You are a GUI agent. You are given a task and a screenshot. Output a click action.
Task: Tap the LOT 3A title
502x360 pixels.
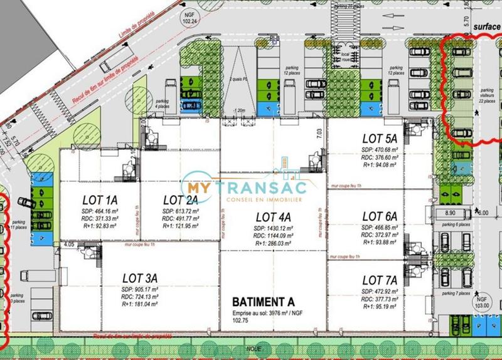tap(139, 277)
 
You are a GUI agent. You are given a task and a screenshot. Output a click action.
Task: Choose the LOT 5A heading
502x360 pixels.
tap(380, 138)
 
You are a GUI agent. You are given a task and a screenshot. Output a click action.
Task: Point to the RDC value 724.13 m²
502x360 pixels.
tap(139, 297)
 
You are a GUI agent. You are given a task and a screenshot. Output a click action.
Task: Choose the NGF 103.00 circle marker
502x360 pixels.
tap(482, 304)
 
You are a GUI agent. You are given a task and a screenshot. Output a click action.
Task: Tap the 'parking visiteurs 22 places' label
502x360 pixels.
tap(486, 93)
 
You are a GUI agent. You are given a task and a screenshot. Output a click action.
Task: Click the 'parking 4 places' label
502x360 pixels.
tap(163, 103)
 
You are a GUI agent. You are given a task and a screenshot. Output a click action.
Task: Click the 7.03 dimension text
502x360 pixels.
tap(319, 133)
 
